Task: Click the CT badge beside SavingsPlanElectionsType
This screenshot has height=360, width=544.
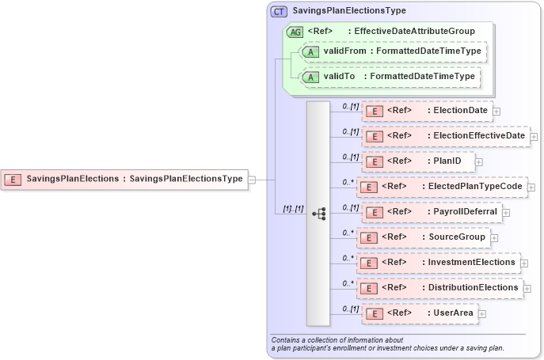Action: (x=279, y=11)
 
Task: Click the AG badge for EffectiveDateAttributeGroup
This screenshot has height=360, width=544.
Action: (x=295, y=32)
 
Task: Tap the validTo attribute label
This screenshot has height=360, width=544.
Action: (x=337, y=77)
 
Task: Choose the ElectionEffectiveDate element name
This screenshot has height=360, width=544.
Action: (x=479, y=136)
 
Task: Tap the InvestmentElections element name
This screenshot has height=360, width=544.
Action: (x=472, y=262)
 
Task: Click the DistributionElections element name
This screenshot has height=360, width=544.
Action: (x=473, y=288)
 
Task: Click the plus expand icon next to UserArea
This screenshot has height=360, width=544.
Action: (x=482, y=314)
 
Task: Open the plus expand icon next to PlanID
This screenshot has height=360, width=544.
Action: (x=478, y=162)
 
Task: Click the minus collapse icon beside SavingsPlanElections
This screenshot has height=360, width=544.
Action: (x=252, y=179)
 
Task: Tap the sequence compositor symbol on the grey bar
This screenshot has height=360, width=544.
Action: (x=319, y=214)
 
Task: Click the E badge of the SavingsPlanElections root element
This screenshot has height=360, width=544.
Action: (x=13, y=179)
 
